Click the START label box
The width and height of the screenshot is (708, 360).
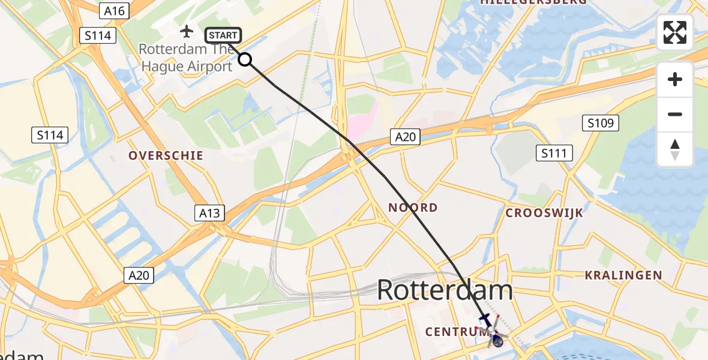(x=223, y=35)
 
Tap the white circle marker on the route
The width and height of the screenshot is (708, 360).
(x=245, y=59)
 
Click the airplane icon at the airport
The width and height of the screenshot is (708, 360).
(x=187, y=30)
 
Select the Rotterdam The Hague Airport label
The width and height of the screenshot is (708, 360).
(x=186, y=58)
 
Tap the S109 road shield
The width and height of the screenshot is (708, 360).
(x=601, y=124)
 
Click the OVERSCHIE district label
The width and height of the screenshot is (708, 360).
(x=166, y=155)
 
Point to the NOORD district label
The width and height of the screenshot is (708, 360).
(x=413, y=208)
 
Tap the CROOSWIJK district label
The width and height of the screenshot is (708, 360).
(x=544, y=213)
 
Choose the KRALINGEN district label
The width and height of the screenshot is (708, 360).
(x=624, y=275)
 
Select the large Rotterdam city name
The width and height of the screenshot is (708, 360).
(x=445, y=291)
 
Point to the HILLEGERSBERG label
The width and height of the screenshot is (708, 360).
(x=525, y=3)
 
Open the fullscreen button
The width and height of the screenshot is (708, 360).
(x=675, y=32)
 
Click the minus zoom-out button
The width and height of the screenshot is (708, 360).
(x=675, y=114)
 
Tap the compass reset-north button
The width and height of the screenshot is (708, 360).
(x=675, y=149)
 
